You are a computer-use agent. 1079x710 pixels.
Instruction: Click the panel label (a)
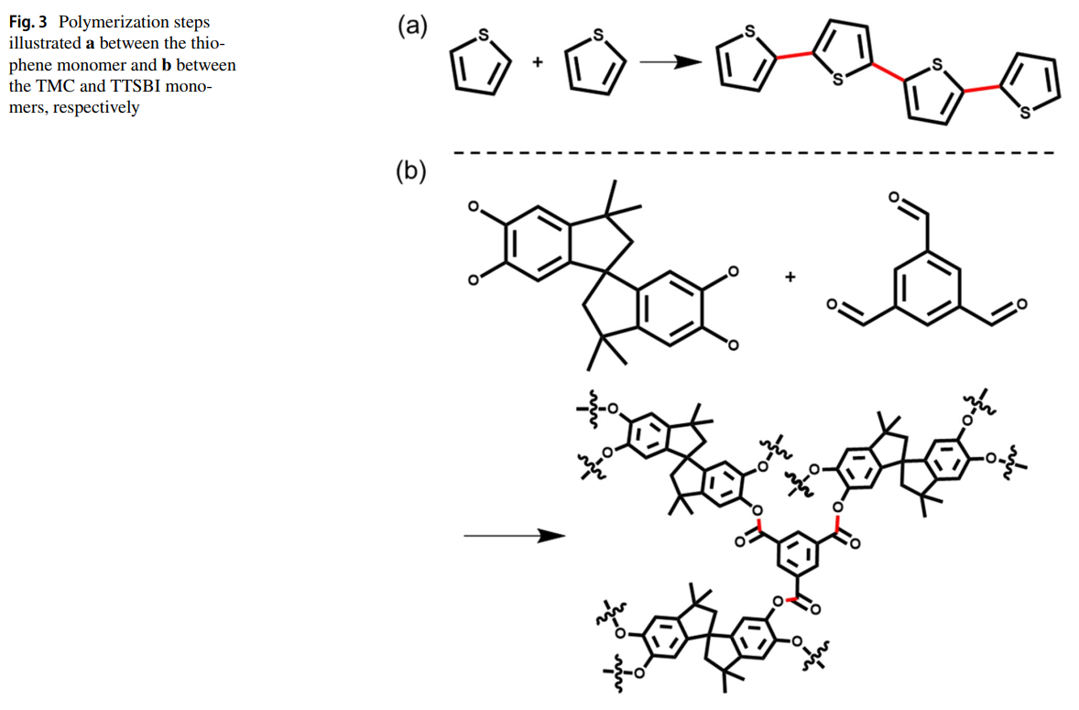coord(412,26)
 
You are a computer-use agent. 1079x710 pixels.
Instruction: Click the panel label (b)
coord(411,171)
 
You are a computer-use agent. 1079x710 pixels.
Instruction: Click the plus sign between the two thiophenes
coord(538,62)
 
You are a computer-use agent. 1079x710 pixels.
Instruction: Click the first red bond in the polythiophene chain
coord(793,58)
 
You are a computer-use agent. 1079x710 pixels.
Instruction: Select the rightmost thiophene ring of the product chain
coord(1030,87)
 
